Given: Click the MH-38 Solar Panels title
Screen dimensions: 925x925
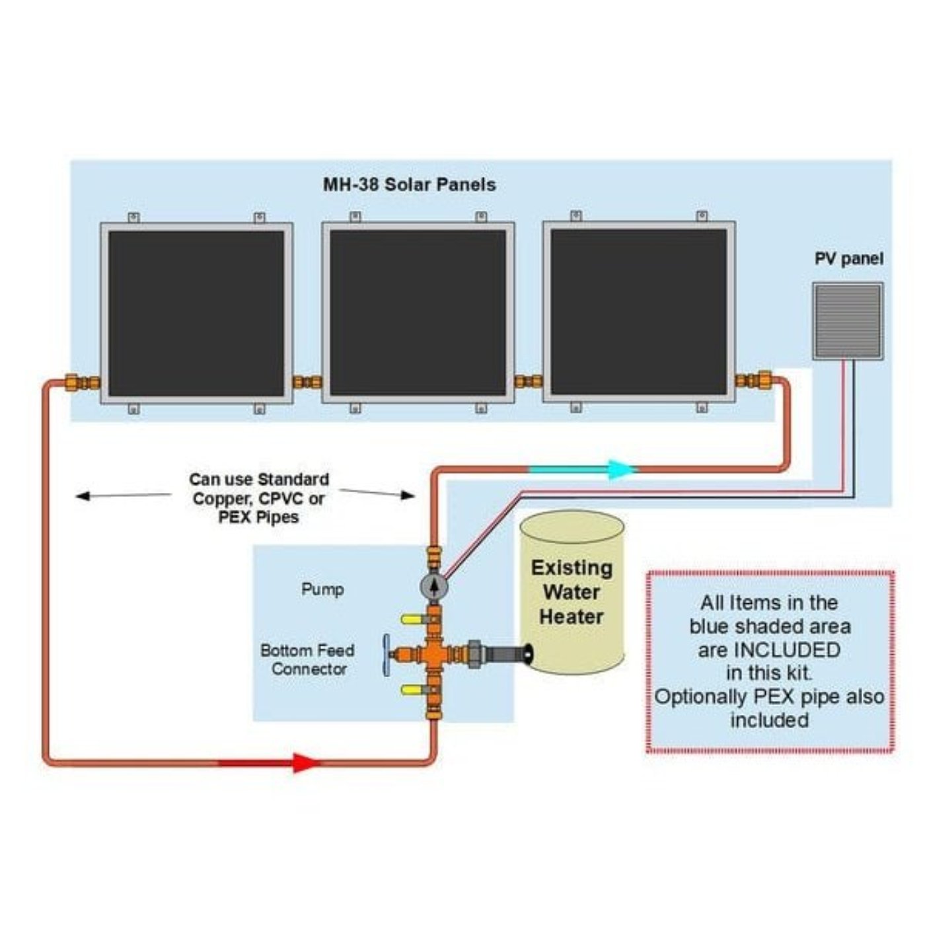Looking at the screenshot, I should (409, 184).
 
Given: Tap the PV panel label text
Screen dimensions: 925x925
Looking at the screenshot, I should (848, 259).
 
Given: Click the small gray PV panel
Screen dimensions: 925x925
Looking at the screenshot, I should (848, 321).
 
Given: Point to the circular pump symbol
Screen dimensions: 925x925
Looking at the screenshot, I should (433, 585).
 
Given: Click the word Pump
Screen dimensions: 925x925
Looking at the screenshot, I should (322, 589).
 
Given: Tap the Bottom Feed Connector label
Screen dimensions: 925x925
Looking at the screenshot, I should (307, 659).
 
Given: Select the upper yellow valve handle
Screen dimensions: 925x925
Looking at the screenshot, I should (410, 619).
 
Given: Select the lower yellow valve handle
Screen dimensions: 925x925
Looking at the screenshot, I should (410, 690).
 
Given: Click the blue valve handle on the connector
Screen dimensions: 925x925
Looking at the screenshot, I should (386, 655).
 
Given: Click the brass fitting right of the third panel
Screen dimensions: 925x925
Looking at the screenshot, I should (754, 381).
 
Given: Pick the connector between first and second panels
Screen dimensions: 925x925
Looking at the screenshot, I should (307, 382).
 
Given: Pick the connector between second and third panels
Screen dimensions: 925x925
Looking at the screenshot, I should (529, 381).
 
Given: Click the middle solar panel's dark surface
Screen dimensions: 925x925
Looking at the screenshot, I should (418, 313).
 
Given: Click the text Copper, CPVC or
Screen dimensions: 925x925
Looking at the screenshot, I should (258, 499).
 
